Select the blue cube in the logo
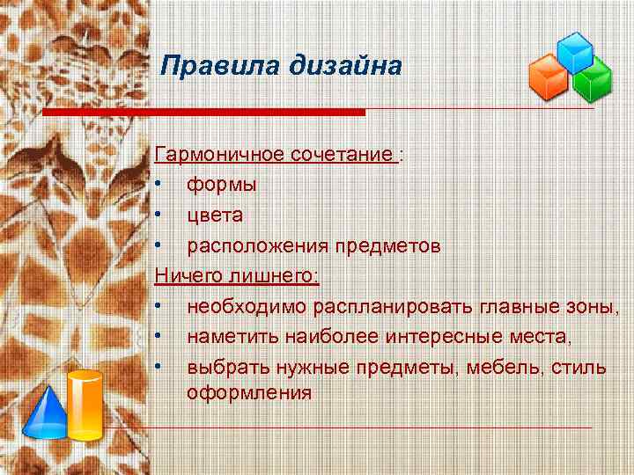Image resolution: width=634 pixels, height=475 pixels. [x=576, y=53]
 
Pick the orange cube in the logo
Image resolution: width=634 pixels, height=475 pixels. [x=548, y=77]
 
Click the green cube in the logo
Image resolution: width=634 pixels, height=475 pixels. [x=593, y=81]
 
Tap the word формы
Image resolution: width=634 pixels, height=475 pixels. [x=222, y=186]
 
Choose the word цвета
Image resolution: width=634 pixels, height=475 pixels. [x=215, y=216]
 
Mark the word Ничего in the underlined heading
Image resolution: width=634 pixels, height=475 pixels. [x=188, y=276]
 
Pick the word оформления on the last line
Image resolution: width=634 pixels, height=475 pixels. [x=248, y=393]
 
